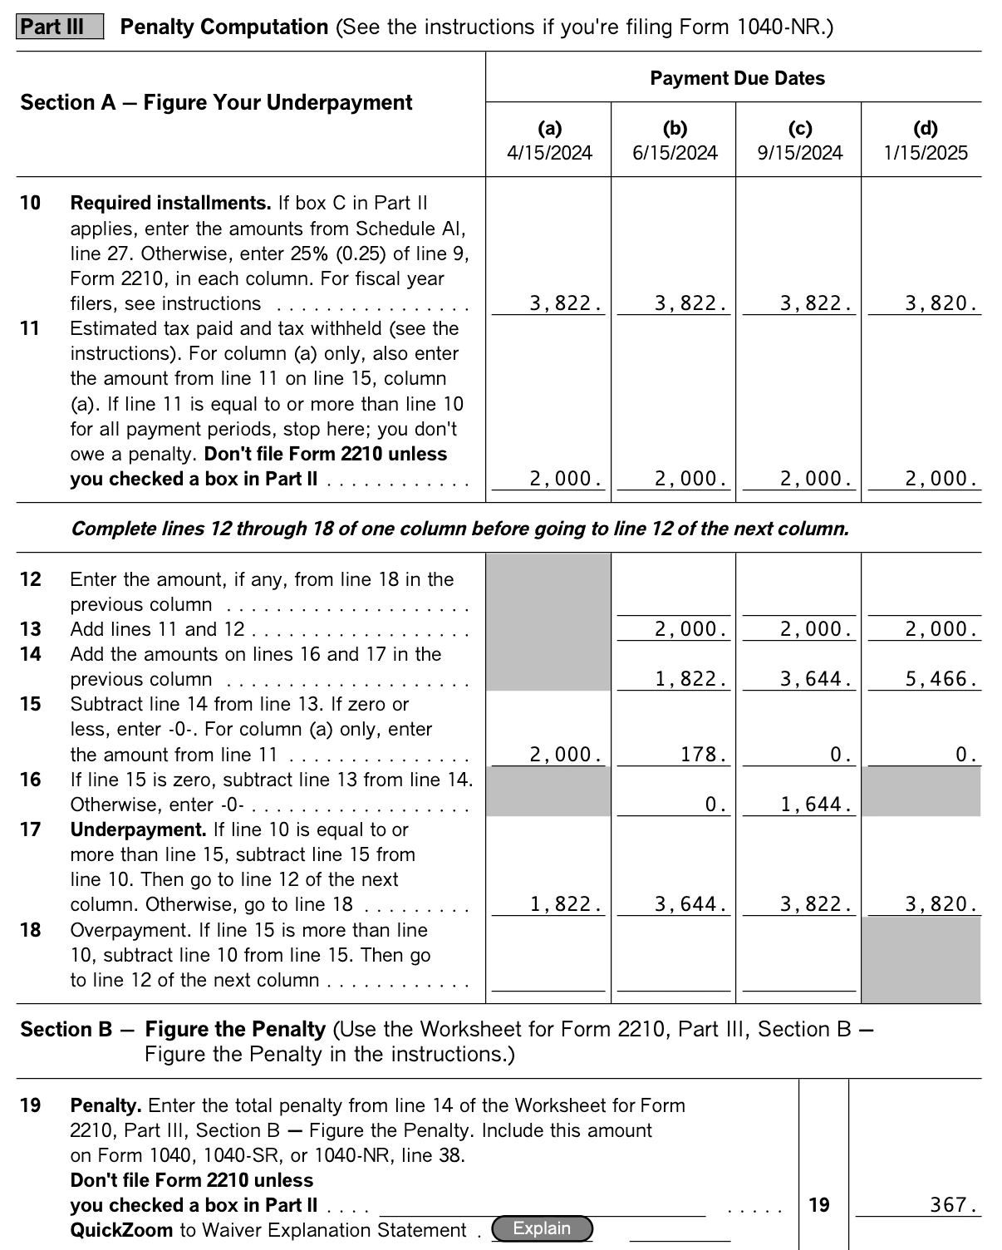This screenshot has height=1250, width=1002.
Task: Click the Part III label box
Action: tap(59, 27)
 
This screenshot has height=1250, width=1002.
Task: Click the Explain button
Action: tap(542, 1228)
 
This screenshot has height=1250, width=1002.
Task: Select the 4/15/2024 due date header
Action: tap(549, 153)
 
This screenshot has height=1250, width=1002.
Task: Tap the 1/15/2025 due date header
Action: tap(925, 153)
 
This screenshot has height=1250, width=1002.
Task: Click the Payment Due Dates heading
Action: tap(737, 78)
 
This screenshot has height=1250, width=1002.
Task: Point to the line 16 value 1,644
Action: tap(815, 805)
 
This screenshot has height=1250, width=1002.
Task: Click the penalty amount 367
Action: tap(952, 1205)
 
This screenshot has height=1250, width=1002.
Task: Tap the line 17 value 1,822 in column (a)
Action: tap(565, 904)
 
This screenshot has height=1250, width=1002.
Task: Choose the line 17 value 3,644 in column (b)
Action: tap(690, 904)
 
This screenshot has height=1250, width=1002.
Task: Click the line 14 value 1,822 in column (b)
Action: tap(690, 680)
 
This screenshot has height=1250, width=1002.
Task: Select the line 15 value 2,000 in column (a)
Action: tap(565, 755)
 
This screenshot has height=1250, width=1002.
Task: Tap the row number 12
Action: tap(30, 579)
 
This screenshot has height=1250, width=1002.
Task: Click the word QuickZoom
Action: tap(121, 1230)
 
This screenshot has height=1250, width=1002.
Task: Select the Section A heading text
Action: tap(216, 102)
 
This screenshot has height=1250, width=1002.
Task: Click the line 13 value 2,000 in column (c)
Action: tap(815, 630)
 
